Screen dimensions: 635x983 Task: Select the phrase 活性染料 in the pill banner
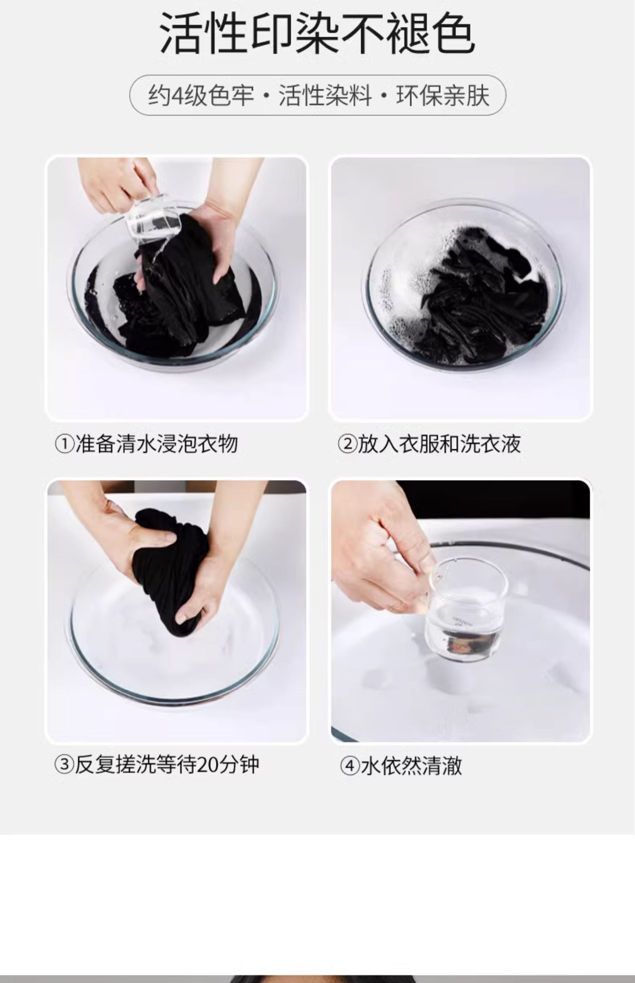click(x=325, y=95)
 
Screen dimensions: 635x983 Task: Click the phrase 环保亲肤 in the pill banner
click(x=443, y=95)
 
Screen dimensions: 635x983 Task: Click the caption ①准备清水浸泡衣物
click(x=146, y=444)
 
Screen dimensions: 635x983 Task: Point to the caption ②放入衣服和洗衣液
click(x=429, y=444)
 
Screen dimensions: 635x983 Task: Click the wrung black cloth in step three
click(x=169, y=572)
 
